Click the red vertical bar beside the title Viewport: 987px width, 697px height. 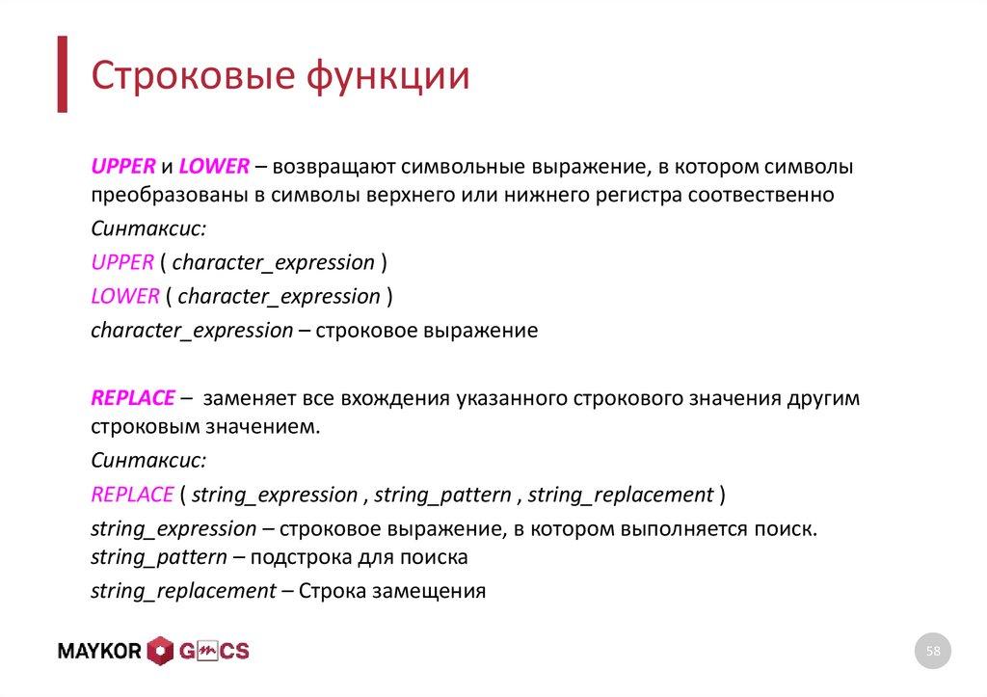coord(62,74)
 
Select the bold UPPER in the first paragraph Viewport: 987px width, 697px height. coord(122,167)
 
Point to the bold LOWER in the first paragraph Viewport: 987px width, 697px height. coord(214,167)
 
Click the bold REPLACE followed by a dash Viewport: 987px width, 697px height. coord(133,398)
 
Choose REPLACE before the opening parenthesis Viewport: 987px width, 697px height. coord(131,495)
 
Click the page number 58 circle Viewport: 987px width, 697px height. coord(932,653)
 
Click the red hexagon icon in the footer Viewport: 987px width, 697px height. coord(160,652)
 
